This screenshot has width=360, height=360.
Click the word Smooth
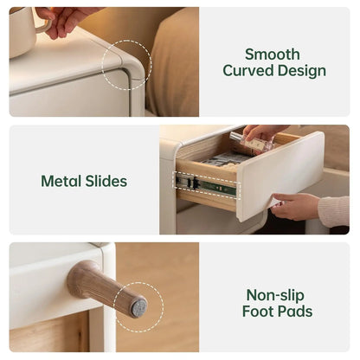click(273, 55)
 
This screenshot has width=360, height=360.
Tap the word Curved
click(248, 70)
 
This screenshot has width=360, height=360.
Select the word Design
click(302, 71)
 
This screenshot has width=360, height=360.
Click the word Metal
click(61, 181)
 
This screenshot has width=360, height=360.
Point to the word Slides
click(106, 181)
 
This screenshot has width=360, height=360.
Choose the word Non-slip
click(275, 295)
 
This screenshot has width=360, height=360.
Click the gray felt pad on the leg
click(139, 308)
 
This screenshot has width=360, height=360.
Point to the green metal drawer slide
click(207, 185)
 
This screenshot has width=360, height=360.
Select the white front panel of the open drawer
click(280, 176)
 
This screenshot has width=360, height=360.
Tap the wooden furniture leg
click(107, 288)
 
